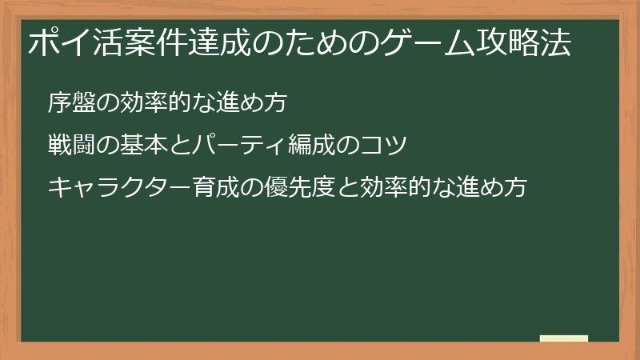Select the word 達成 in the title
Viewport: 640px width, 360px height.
[x=220, y=44]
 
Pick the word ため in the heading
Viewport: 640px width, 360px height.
[x=316, y=44]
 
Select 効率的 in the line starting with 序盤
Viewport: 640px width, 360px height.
[x=154, y=103]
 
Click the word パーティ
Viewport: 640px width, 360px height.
[x=242, y=146]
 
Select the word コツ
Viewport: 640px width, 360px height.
[x=386, y=146]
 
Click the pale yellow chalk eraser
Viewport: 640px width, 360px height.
[x=564, y=338]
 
